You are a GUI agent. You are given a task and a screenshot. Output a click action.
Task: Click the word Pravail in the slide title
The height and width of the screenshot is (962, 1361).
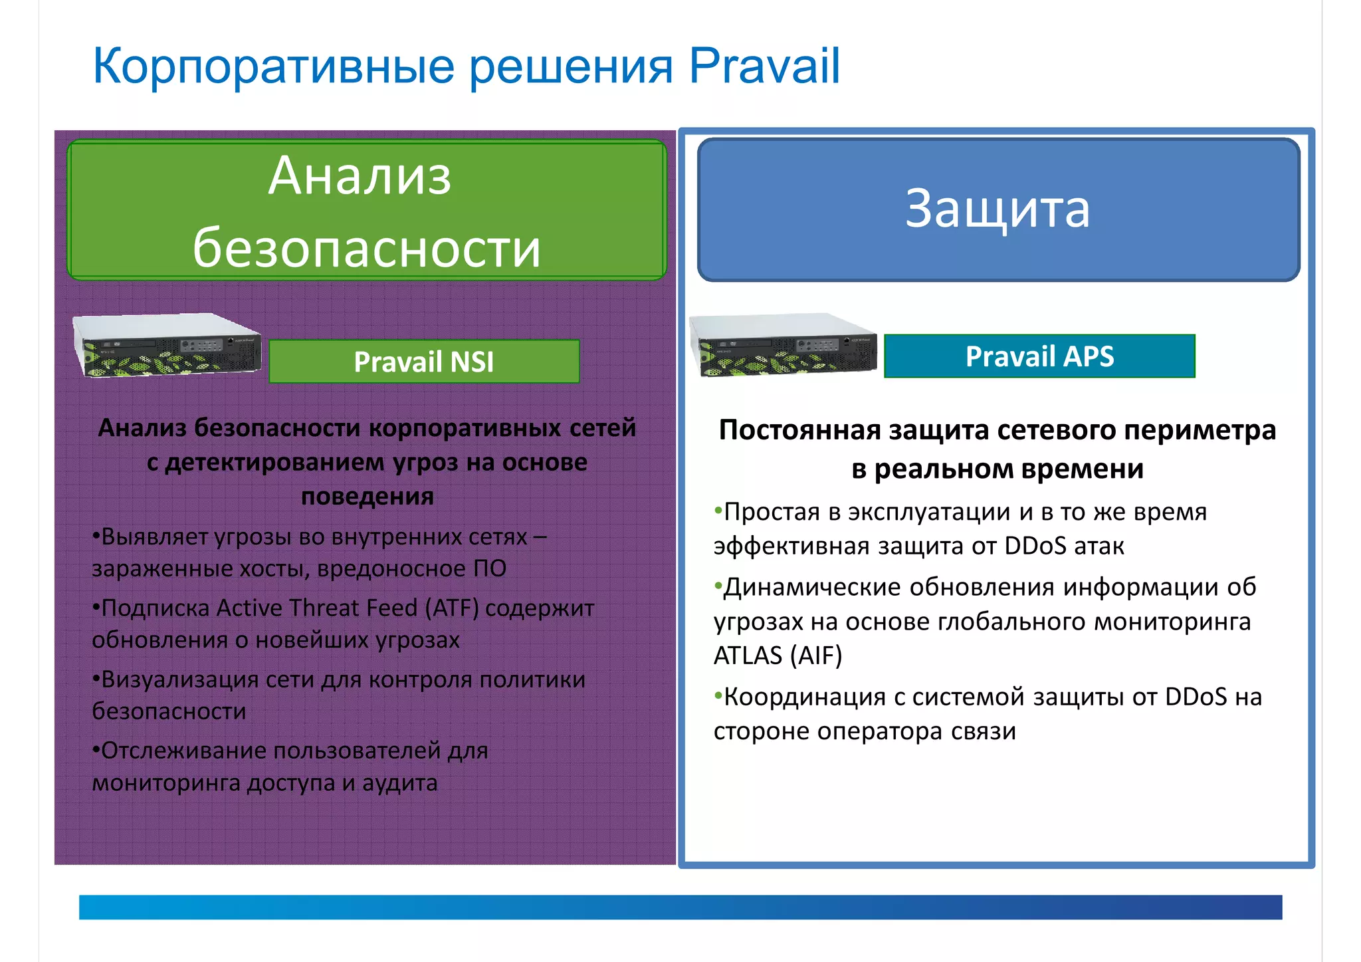click(764, 66)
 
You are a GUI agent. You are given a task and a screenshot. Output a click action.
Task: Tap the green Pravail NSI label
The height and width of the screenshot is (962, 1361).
click(424, 362)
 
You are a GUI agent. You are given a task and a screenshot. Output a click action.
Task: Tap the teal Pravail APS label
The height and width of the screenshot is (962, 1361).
click(1039, 356)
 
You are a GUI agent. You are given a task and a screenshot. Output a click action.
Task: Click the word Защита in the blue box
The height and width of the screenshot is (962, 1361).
click(997, 209)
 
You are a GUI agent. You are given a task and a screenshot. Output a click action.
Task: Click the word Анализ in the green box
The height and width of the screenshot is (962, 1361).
click(360, 176)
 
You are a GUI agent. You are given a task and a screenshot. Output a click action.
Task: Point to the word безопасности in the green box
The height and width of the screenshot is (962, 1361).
click(367, 248)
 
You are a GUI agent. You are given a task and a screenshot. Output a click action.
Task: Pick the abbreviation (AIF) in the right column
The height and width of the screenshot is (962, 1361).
click(816, 656)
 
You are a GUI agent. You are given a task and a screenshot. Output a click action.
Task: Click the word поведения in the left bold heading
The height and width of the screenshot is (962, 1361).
click(367, 496)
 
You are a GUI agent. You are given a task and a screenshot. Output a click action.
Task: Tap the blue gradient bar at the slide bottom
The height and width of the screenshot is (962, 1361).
click(680, 907)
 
